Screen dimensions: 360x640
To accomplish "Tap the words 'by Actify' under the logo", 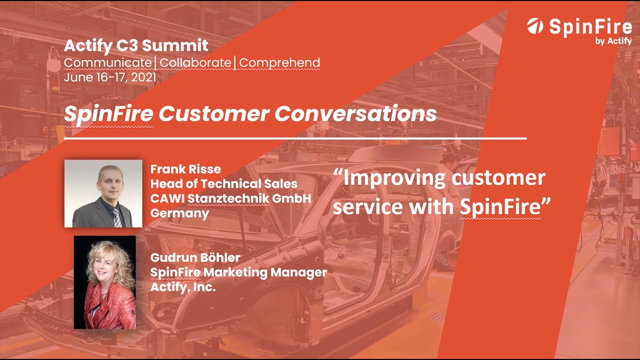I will (x=613, y=41).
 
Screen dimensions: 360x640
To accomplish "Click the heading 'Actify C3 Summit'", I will (x=136, y=46).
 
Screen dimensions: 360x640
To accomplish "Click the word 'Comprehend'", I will (x=280, y=63).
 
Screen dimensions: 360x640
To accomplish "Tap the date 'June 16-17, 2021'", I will (x=110, y=77).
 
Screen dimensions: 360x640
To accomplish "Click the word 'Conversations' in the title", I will (x=355, y=114).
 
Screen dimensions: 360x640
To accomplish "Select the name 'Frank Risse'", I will (x=185, y=169).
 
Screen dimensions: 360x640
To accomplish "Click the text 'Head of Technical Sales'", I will (x=223, y=183).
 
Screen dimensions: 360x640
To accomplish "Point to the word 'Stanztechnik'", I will (x=228, y=198).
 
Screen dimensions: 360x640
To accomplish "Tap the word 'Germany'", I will (x=179, y=213).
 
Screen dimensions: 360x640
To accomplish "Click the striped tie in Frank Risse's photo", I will (x=116, y=217).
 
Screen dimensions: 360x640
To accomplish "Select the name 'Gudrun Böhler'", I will (x=195, y=258).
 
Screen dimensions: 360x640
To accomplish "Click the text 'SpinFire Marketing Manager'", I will (x=238, y=272).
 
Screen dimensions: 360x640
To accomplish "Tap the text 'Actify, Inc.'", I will (x=182, y=287).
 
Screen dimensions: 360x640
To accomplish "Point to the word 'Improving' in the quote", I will (x=390, y=178).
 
